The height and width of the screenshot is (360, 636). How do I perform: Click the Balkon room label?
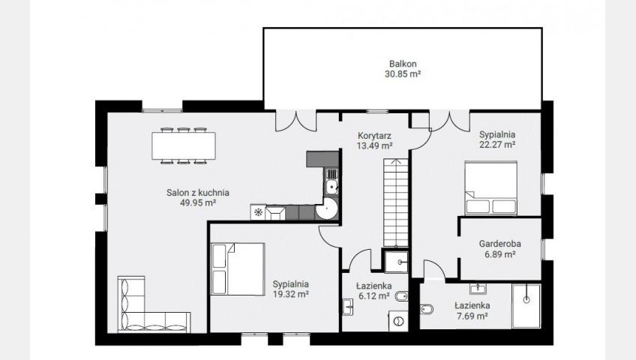point(403,64)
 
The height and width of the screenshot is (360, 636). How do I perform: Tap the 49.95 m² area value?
point(197,202)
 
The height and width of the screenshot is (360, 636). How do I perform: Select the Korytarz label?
point(374,136)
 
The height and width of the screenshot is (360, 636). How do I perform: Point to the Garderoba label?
point(499,244)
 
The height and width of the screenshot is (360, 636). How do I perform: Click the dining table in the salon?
point(184,145)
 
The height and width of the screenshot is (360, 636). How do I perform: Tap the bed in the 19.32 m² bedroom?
point(238,268)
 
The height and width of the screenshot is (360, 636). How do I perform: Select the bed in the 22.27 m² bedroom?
point(490,187)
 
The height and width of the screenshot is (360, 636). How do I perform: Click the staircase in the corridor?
point(396,202)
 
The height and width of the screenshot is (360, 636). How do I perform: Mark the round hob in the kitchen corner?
point(326,208)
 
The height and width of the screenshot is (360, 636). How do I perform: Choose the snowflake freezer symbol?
point(257,212)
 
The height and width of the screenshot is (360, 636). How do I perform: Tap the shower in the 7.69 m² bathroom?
point(526,306)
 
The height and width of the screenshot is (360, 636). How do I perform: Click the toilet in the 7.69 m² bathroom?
point(427,309)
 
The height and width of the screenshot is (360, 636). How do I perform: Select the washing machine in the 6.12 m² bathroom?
point(398,321)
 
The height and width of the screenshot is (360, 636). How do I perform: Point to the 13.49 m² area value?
point(374,146)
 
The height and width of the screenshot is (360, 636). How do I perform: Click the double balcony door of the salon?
point(296,121)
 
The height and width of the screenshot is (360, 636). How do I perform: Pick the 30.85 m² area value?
point(403,73)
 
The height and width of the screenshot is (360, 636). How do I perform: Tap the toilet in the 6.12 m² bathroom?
point(401,296)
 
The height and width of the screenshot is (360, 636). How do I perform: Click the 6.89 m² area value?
point(499,254)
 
